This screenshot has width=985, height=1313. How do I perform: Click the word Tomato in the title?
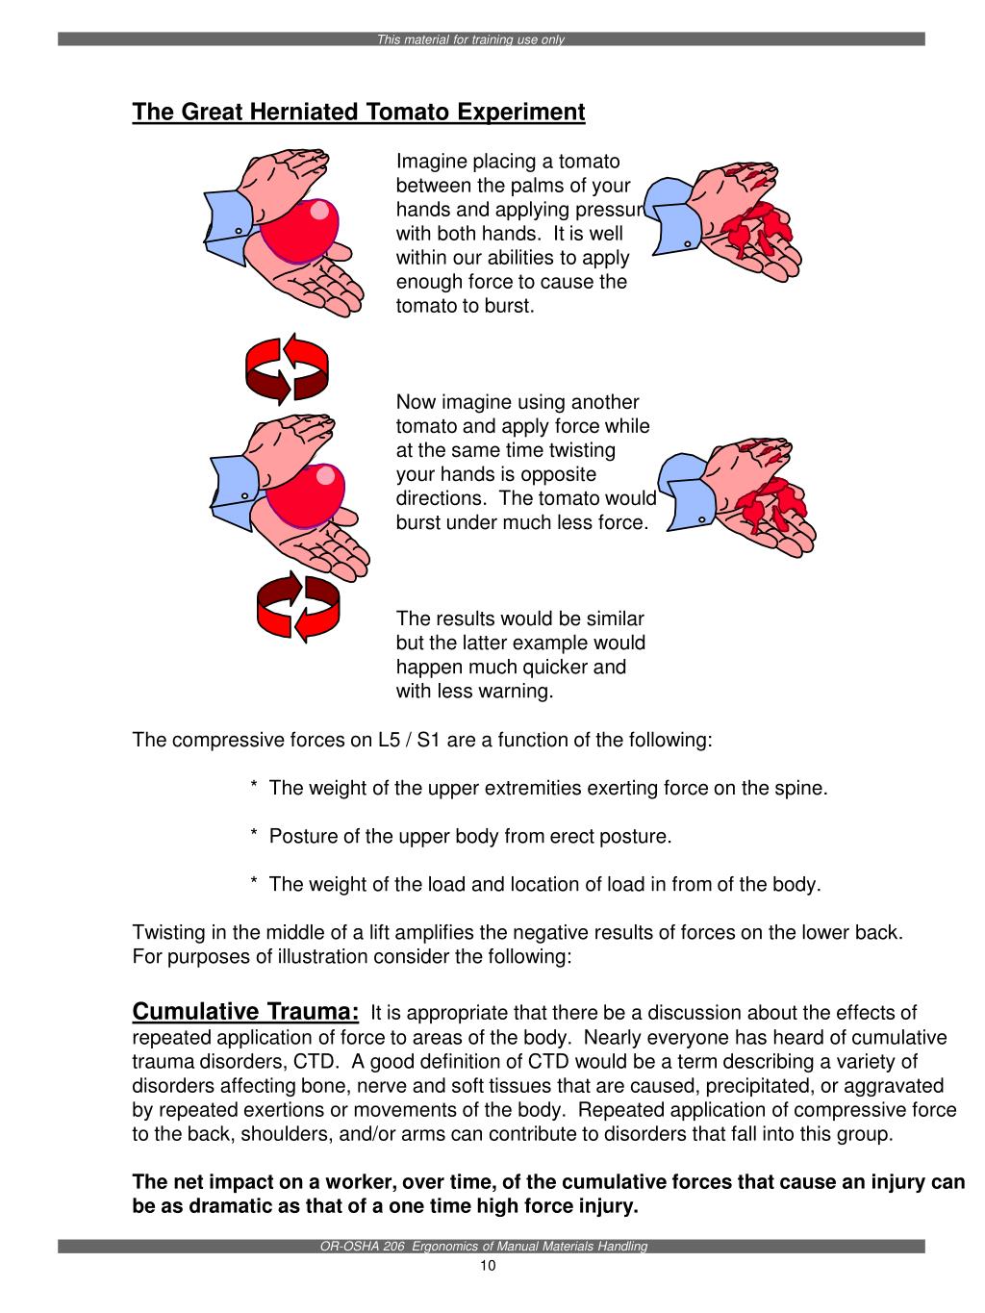coord(411,113)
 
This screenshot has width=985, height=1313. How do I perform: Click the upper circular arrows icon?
coord(287,366)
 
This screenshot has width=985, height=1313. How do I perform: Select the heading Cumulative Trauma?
coord(245,1012)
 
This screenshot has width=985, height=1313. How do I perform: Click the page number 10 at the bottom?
coord(488,1265)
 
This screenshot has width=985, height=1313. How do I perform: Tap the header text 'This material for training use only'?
coord(470,40)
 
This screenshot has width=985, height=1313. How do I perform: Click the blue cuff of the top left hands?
coord(228,215)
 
